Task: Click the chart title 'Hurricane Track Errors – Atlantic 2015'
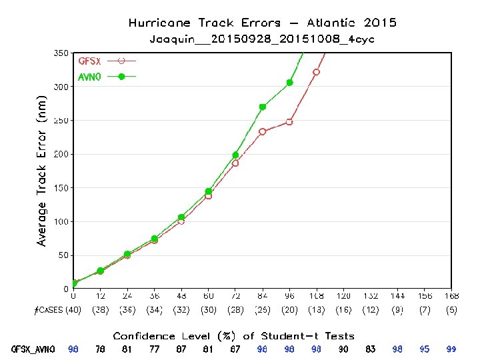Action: coord(262,23)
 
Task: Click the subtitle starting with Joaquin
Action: coord(262,39)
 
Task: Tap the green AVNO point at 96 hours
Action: coord(289,83)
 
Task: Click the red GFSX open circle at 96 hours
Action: coord(289,122)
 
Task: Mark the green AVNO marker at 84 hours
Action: coord(263,107)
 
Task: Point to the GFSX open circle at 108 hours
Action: coord(317,72)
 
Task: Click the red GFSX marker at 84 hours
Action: coord(263,131)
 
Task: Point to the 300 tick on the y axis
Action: coord(61,87)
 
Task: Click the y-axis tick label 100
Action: coord(61,221)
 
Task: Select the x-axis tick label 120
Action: coord(343,295)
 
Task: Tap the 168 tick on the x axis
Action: coord(451,295)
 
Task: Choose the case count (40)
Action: coord(73,310)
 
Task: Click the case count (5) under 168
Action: coord(451,310)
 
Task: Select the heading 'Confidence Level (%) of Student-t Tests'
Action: coord(233,336)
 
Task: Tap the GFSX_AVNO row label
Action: coord(33,349)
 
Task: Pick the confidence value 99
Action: coord(451,349)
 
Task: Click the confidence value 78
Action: coord(100,349)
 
